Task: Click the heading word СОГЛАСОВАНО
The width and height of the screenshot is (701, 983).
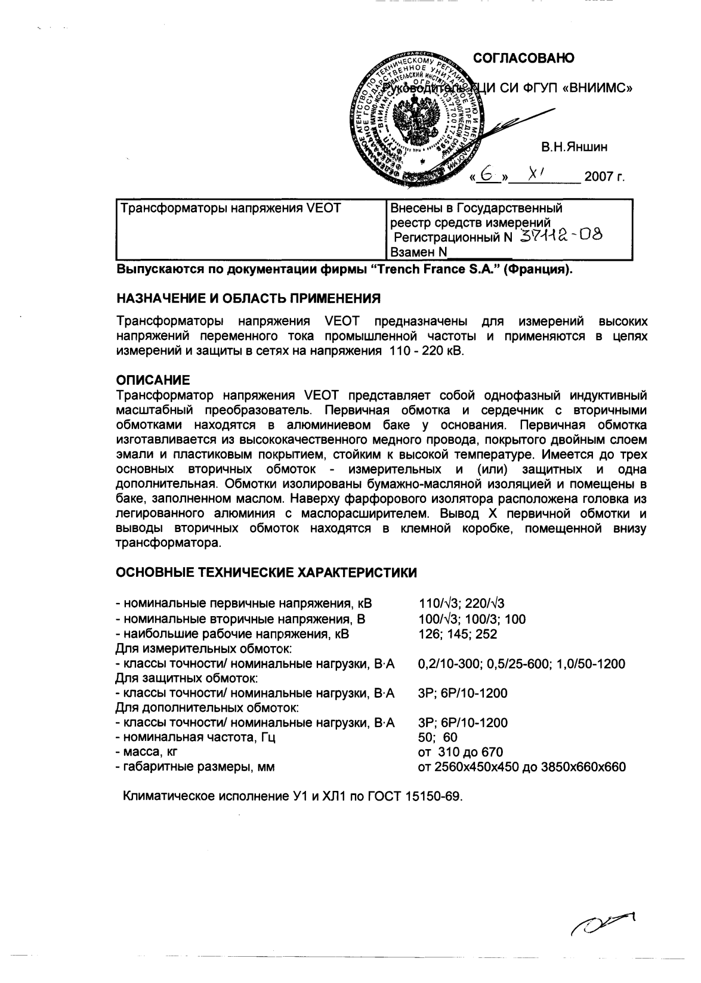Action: click(x=524, y=58)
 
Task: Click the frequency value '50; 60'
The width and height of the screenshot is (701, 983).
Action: click(x=438, y=737)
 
